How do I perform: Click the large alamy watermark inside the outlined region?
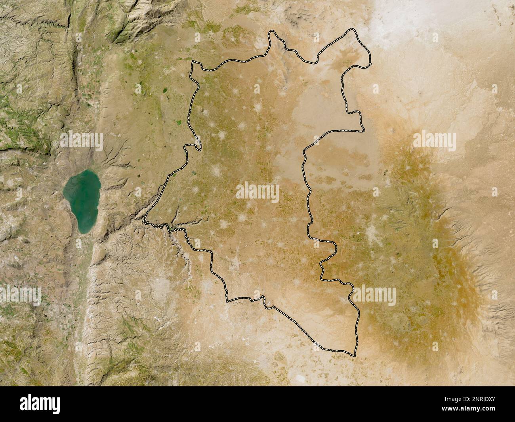(x=257, y=192)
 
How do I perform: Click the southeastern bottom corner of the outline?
(x=354, y=353)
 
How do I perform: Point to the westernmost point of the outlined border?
(x=145, y=222)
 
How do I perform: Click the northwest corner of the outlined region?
(x=193, y=63)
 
